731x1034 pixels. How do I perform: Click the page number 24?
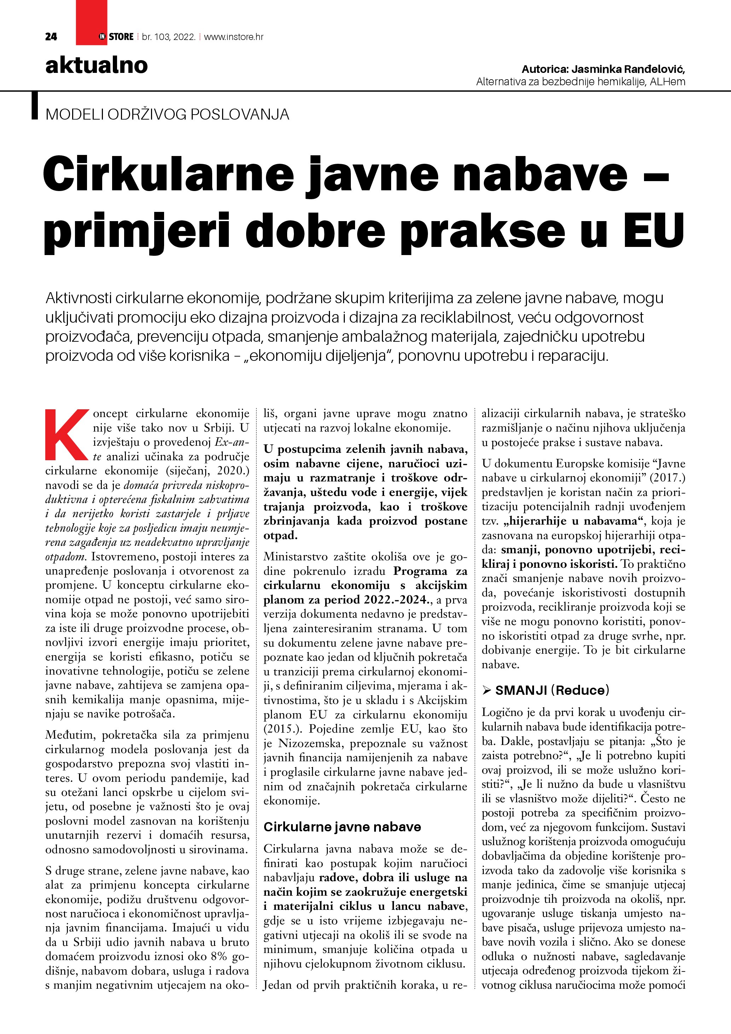point(51,37)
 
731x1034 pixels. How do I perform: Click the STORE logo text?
point(121,37)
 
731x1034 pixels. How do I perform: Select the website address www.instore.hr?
point(234,37)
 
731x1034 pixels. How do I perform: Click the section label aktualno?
point(96,66)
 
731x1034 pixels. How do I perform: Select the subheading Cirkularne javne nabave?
point(342,827)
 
